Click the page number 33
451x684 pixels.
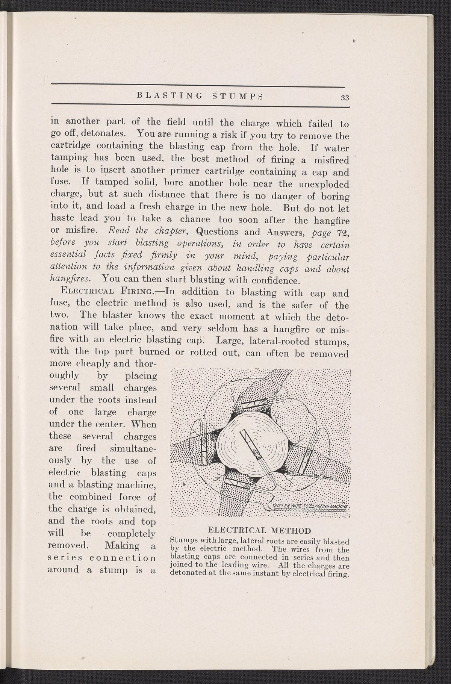click(x=345, y=97)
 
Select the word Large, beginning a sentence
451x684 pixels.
click(x=225, y=341)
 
